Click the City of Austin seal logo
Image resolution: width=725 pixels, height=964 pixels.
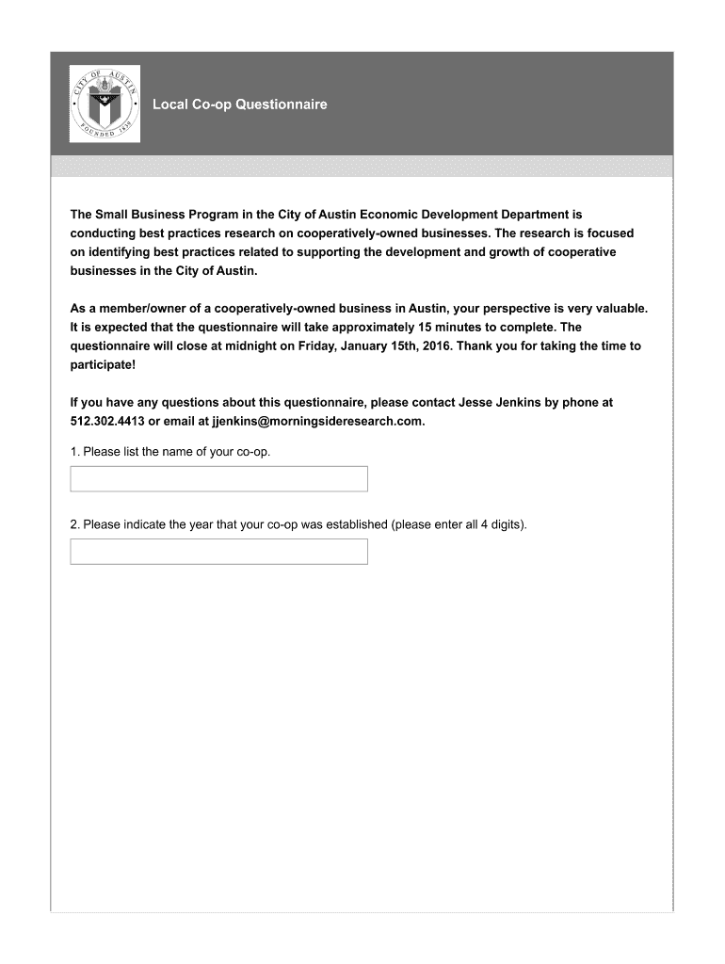pyautogui.click(x=105, y=104)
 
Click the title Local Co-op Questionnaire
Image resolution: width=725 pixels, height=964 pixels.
pyautogui.click(x=240, y=104)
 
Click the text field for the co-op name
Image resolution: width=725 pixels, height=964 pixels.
pyautogui.click(x=218, y=478)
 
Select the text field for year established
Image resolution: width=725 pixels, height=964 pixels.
pyautogui.click(x=218, y=551)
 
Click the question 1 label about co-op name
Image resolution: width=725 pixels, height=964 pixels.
pyautogui.click(x=170, y=452)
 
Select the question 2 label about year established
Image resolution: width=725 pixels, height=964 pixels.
pyautogui.click(x=298, y=524)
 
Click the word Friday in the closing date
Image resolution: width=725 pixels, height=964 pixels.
pyautogui.click(x=316, y=345)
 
